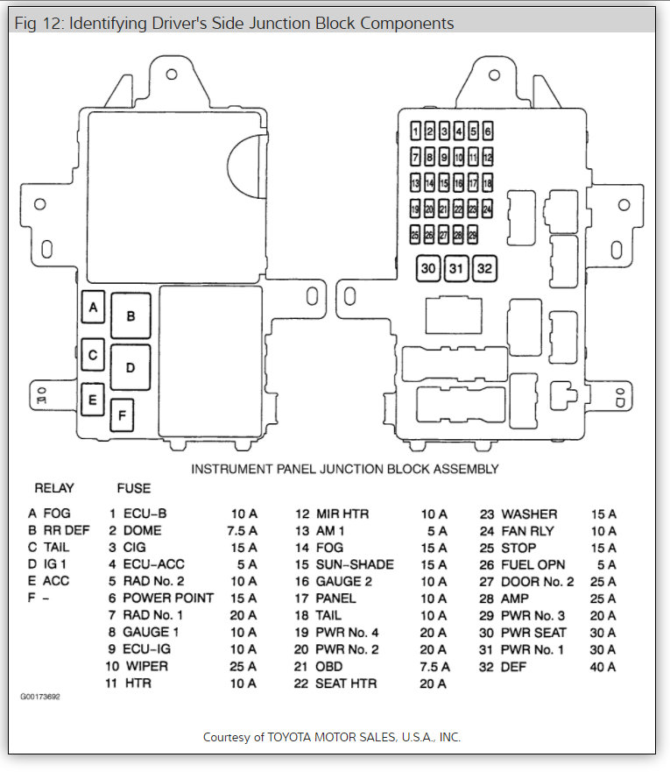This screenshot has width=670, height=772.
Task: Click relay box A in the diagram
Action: pyautogui.click(x=93, y=308)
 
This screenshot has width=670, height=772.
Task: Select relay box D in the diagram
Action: pyautogui.click(x=130, y=367)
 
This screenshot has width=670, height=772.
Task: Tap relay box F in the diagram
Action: pyautogui.click(x=122, y=414)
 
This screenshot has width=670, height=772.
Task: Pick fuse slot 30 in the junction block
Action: pyautogui.click(x=428, y=269)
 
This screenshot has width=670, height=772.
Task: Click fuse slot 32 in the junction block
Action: pyautogui.click(x=484, y=269)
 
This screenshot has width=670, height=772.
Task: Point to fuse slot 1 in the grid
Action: pyautogui.click(x=415, y=132)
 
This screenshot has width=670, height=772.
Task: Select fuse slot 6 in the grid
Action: pyautogui.click(x=487, y=132)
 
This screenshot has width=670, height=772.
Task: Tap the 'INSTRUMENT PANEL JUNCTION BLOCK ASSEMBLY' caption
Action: pyautogui.click(x=345, y=469)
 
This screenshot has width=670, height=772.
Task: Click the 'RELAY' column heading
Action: pyautogui.click(x=54, y=488)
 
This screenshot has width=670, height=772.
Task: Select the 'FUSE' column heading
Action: pyautogui.click(x=133, y=488)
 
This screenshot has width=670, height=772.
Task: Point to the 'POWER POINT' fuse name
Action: pyautogui.click(x=167, y=598)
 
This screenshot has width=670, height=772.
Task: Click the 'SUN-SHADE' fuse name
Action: pyautogui.click(x=355, y=564)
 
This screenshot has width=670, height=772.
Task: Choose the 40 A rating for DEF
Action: pyautogui.click(x=603, y=667)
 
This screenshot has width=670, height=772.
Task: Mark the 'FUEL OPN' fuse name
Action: pyautogui.click(x=533, y=565)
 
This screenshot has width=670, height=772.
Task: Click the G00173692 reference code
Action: pyautogui.click(x=41, y=698)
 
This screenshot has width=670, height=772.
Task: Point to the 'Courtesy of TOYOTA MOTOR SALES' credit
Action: pyautogui.click(x=331, y=737)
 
